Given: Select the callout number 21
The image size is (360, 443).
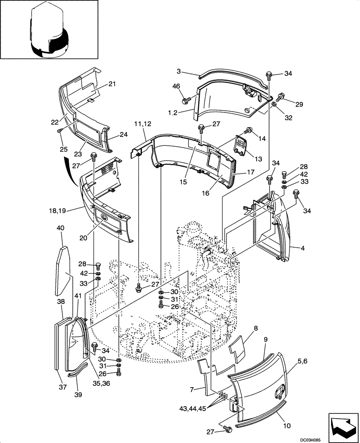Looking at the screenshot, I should tap(112, 84).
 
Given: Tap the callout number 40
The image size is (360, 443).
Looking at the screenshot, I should tap(61, 228).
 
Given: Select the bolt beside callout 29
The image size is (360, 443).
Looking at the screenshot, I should tap(280, 96).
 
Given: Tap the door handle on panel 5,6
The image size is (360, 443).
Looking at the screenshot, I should tap(281, 391).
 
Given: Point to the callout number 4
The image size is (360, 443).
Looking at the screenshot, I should tap(303, 249).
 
